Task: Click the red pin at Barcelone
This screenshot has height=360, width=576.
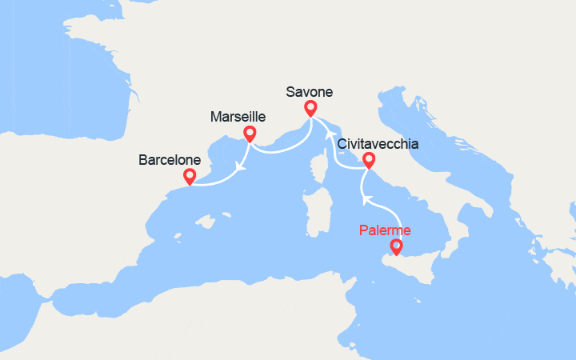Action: coord(190,176)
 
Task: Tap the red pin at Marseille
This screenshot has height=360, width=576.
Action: coord(250,134)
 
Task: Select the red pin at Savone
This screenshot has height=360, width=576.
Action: coord(310,108)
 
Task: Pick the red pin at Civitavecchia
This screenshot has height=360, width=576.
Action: coord(369,159)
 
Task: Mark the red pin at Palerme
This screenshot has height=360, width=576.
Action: coord(394,247)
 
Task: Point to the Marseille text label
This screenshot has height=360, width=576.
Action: coord(238,117)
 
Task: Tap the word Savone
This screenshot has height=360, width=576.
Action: coord(309,91)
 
